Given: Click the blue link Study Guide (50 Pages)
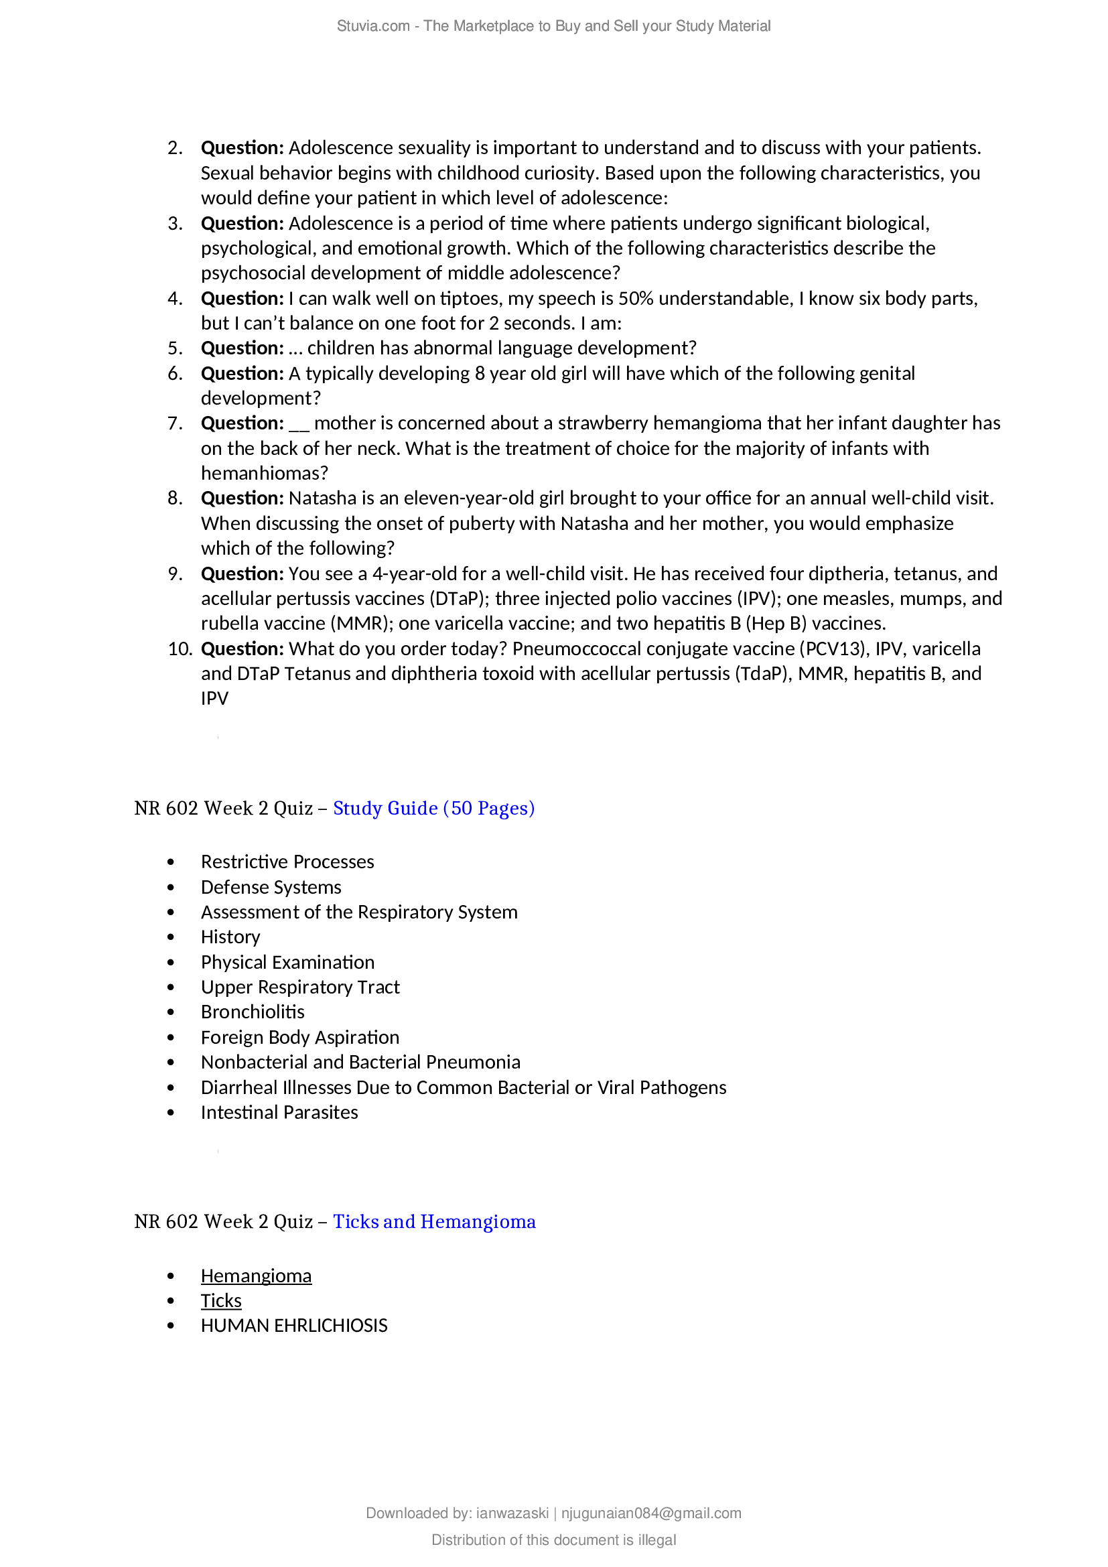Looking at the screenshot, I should pyautogui.click(x=433, y=808).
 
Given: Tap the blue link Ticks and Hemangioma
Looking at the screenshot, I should pyautogui.click(x=434, y=1222).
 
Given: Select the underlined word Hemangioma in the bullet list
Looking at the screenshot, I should pyautogui.click(x=256, y=1276).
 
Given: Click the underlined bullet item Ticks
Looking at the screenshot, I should pyautogui.click(x=221, y=1301).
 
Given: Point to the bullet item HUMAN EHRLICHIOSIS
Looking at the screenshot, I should pyautogui.click(x=294, y=1325).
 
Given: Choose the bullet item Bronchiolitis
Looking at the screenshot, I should pyautogui.click(x=253, y=1012).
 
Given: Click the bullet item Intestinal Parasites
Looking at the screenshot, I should pyautogui.click(x=279, y=1113).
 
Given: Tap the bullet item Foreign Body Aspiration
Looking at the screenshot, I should pyautogui.click(x=299, y=1037).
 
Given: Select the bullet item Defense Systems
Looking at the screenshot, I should pyautogui.click(x=271, y=887).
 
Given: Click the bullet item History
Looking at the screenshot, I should pyautogui.click(x=230, y=937).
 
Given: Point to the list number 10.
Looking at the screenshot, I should pyautogui.click(x=180, y=649).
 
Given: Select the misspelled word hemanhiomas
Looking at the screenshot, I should pyautogui.click(x=264, y=473).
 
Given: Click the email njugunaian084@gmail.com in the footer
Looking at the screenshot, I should pyautogui.click(x=651, y=1513).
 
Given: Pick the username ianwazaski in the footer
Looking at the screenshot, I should pyautogui.click(x=512, y=1513).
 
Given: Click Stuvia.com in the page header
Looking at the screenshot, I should pyautogui.click(x=372, y=26).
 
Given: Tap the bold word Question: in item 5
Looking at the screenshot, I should pyautogui.click(x=243, y=348).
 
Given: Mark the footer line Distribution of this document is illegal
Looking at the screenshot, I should pyautogui.click(x=553, y=1540).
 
